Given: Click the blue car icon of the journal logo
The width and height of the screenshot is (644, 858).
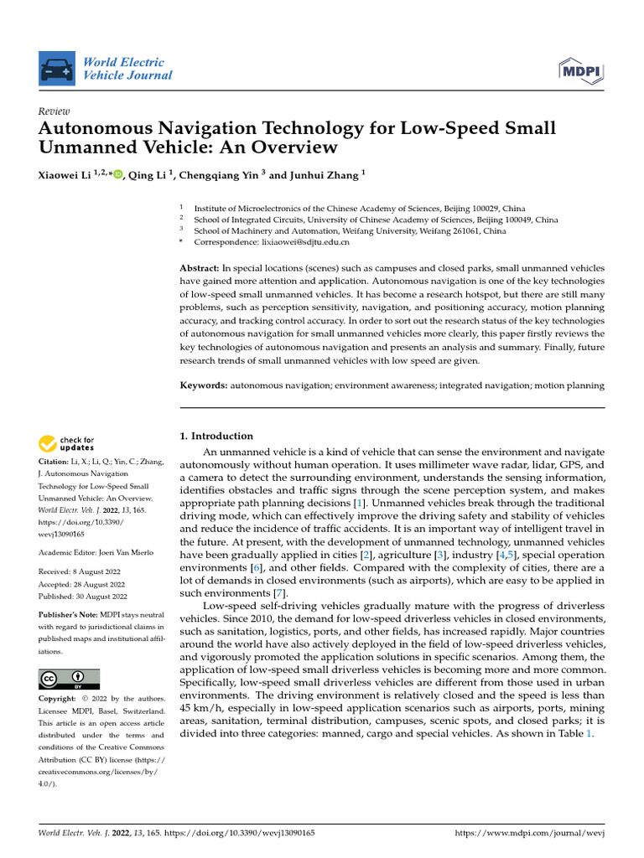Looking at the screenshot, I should click(x=57, y=68).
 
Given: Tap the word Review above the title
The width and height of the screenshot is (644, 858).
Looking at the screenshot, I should click(x=55, y=111).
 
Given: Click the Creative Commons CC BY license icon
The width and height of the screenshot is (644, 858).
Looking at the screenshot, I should click(x=69, y=679).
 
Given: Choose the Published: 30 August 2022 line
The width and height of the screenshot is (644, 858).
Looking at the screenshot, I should click(x=83, y=597).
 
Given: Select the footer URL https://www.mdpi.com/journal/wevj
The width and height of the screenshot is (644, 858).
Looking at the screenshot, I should click(x=529, y=834).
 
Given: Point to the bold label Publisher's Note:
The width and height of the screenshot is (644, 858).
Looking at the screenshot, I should click(x=70, y=615).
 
